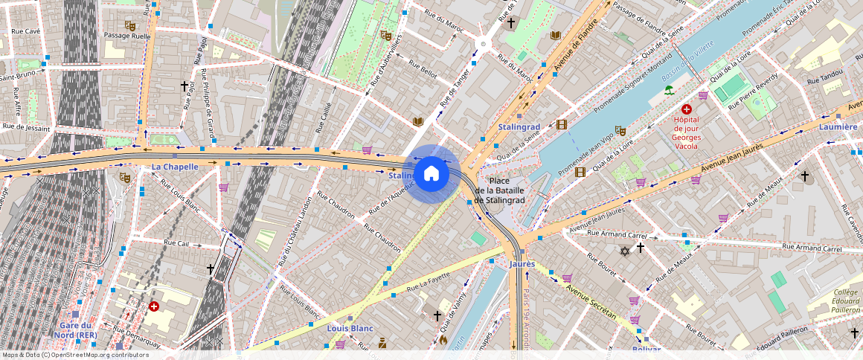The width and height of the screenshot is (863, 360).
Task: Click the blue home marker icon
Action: click(x=430, y=174)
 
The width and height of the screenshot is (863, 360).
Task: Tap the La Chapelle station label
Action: click(x=175, y=167)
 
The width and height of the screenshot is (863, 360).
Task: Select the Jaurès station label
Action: click(x=522, y=264)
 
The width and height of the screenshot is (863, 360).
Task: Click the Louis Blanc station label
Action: click(x=350, y=328)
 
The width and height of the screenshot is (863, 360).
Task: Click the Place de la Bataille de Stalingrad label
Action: click(x=500, y=190)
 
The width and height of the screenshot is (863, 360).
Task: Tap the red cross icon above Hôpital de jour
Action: click(x=686, y=109)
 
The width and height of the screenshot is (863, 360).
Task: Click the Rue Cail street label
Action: click(x=177, y=242)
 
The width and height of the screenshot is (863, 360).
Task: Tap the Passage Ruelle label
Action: click(x=127, y=36)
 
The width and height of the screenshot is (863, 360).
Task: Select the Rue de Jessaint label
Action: click(x=25, y=127)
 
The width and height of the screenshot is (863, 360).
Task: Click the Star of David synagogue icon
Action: click(x=625, y=251)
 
